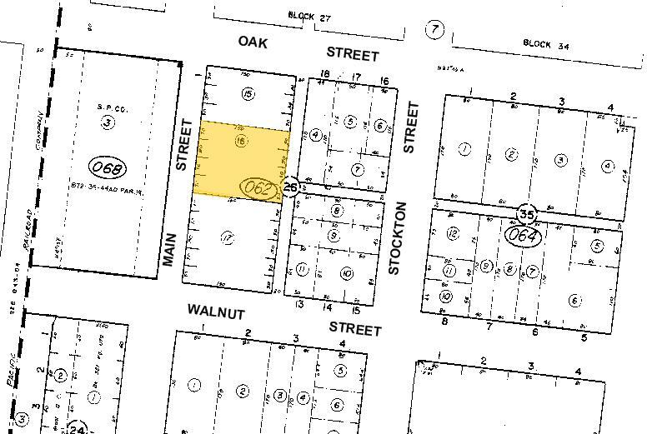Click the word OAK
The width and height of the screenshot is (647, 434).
(253, 42)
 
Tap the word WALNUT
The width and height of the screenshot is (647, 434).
(215, 312)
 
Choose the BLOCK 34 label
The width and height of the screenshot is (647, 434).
(542, 42)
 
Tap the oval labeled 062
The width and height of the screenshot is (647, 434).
(258, 189)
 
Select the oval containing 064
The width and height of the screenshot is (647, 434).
(524, 236)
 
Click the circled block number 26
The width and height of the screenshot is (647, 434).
(290, 186)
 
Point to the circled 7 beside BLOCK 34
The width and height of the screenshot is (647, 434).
(434, 30)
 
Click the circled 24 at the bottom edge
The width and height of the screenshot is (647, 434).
(78, 428)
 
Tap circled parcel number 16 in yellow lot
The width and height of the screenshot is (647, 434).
(241, 142)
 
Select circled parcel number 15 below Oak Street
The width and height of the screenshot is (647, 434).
(248, 94)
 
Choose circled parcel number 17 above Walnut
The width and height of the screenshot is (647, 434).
(226, 238)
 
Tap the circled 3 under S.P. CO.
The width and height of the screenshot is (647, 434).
(108, 123)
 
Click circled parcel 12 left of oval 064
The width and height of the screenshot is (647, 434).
(453, 232)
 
